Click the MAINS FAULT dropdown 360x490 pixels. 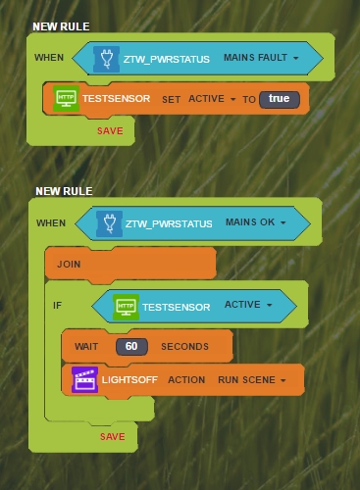coord(261,58)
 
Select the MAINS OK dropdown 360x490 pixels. coord(256,222)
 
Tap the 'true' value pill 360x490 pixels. coord(280,99)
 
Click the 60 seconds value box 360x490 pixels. coord(131,346)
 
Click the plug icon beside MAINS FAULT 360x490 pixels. coord(106,59)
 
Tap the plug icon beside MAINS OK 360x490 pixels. coord(109,223)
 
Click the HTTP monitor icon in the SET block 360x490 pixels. coord(66,99)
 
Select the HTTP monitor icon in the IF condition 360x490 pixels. coord(126,307)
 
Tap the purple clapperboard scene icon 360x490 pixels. coord(84,379)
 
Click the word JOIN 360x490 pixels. coord(69,264)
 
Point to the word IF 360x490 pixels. coord(57,306)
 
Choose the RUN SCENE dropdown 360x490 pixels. coord(252,380)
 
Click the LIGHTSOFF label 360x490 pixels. coord(129,380)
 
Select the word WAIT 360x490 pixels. coord(86,346)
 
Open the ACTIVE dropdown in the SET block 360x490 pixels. coord(212,99)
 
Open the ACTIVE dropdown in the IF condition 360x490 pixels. coord(248,305)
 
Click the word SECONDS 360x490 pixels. coord(184,346)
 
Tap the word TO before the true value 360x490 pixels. coord(249,99)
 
